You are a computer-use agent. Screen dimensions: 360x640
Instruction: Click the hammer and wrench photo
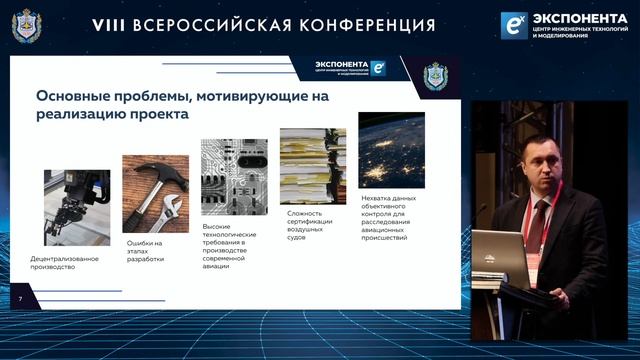156,193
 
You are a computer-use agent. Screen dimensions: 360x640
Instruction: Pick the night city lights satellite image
391,150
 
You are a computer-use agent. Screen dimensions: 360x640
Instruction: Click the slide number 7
19,299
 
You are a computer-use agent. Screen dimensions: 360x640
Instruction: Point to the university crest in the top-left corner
24,25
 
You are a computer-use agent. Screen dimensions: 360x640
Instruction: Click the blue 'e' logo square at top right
514,25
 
